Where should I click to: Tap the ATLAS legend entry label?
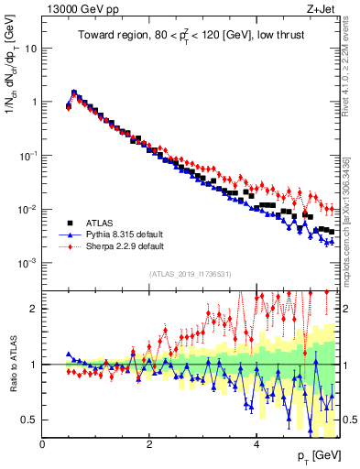[x=100, y=222]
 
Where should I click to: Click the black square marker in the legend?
[x=69, y=222]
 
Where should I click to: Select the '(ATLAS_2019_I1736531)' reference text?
[x=190, y=274]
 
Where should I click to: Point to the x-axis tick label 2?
[x=150, y=444]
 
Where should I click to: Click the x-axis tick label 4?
[x=257, y=444]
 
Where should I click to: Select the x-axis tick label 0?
[x=43, y=444]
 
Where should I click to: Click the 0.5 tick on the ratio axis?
[x=31, y=420]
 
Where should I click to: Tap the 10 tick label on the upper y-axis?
[x=31, y=49]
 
